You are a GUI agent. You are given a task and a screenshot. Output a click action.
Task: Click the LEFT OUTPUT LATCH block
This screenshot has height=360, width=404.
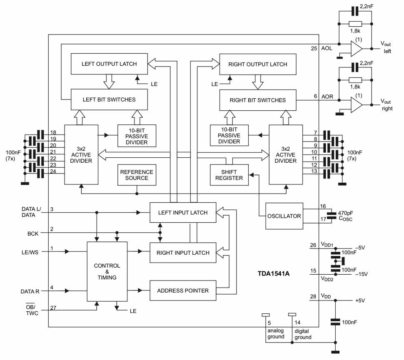click(109, 64)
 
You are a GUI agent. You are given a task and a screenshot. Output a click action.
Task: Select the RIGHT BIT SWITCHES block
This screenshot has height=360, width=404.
click(257, 100)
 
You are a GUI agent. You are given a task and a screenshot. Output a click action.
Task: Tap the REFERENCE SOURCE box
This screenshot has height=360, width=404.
click(137, 175)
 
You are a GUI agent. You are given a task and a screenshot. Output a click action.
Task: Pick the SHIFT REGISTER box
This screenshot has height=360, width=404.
click(229, 175)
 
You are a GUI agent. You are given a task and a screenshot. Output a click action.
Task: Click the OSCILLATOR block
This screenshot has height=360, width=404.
click(284, 216)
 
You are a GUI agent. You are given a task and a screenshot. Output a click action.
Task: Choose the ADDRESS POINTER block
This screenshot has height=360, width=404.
click(183, 290)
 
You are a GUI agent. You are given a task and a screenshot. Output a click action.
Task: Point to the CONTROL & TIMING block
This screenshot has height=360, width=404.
click(107, 271)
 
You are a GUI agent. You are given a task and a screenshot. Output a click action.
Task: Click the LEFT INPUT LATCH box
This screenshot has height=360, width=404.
click(183, 213)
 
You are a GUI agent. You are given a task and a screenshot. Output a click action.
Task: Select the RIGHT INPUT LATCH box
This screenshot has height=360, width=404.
click(183, 253)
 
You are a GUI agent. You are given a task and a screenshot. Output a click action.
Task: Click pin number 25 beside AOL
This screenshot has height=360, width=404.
click(314, 48)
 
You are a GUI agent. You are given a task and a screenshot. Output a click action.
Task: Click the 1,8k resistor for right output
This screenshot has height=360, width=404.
click(355, 80)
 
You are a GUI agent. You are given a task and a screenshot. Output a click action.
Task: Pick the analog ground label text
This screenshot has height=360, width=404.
click(275, 334)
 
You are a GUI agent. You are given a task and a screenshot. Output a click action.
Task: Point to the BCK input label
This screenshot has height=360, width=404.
click(33, 234)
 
